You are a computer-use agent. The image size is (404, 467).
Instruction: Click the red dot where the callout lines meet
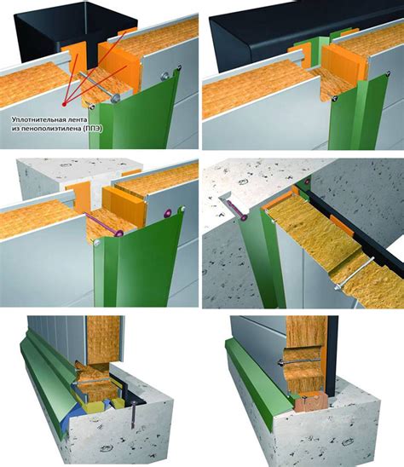pyautogui.click(x=65, y=104)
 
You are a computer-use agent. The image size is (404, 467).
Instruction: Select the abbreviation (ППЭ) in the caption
pyautogui.click(x=93, y=129)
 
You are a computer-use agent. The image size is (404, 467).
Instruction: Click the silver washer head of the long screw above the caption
pyautogui.click(x=115, y=97)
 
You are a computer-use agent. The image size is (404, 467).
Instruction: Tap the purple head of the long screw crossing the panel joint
pyautogui.click(x=119, y=233)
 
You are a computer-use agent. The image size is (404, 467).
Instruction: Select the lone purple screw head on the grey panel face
pyautogui.click(x=168, y=213)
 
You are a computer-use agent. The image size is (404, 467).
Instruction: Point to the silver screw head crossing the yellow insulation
pyautogui.click(x=337, y=288)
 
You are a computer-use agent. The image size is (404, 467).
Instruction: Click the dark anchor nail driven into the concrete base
pyautogui.click(x=133, y=414)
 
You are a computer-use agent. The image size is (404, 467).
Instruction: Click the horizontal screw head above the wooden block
pyautogui.click(x=281, y=362)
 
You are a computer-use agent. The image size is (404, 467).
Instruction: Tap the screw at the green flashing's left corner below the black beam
pyautogui.click(x=336, y=97)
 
